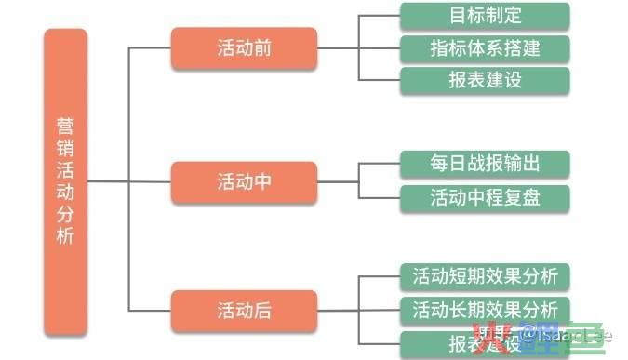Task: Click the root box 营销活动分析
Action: [x=65, y=181]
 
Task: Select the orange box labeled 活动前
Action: [x=244, y=48]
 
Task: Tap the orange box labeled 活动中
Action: [x=244, y=182]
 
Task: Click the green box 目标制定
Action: [x=485, y=16]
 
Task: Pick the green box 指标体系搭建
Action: [x=485, y=47]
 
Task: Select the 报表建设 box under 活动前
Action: [x=485, y=79]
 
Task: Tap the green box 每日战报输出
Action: [x=485, y=165]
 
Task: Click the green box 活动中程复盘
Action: [x=485, y=197]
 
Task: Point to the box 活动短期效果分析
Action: [x=485, y=276]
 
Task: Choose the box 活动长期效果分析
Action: [x=485, y=309]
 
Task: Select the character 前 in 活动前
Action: [x=262, y=48]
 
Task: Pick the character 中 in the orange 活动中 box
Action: [x=262, y=182]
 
